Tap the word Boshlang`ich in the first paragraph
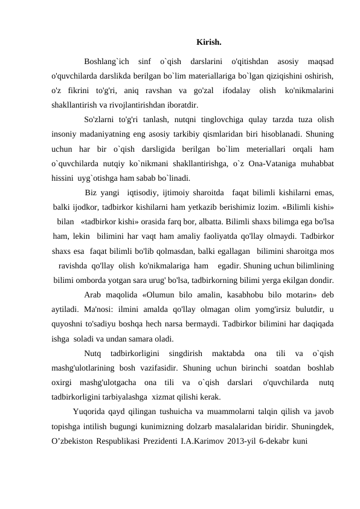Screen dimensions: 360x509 pyautogui.click(x=106, y=62)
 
